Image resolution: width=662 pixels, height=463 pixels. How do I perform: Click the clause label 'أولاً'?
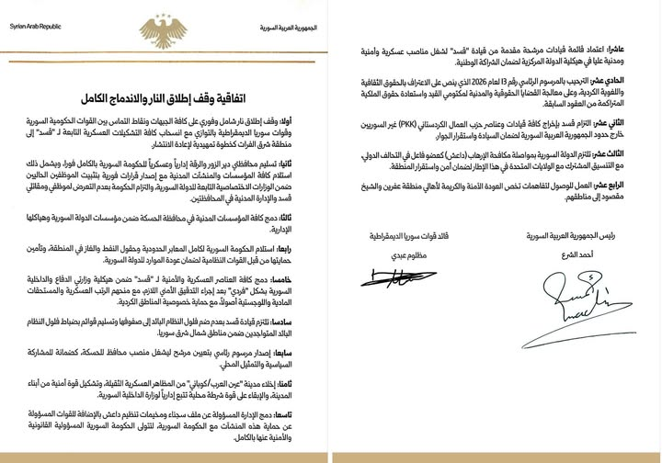click(310, 121)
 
